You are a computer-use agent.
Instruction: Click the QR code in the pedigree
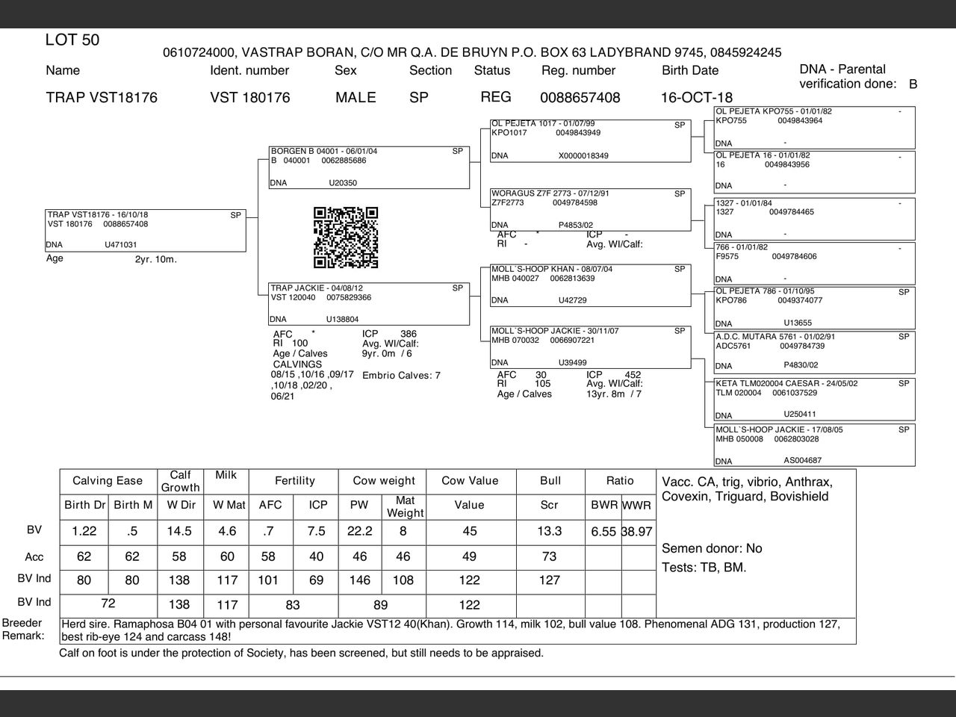pyautogui.click(x=346, y=238)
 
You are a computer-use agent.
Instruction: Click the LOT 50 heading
pyautogui.click(x=72, y=40)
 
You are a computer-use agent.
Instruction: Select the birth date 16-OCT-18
pyautogui.click(x=696, y=98)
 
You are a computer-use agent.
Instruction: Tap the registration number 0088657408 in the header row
pyautogui.click(x=580, y=98)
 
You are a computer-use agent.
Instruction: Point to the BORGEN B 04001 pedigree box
pyautogui.click(x=369, y=167)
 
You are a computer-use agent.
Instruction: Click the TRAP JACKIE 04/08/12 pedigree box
pyautogui.click(x=369, y=304)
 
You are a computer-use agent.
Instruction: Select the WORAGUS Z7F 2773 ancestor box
pyautogui.click(x=590, y=210)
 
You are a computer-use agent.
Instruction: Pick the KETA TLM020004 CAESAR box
pyautogui.click(x=814, y=400)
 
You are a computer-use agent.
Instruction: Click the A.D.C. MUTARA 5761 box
pyautogui.click(x=814, y=351)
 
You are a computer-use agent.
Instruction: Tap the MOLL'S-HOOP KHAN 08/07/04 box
pyautogui.click(x=590, y=285)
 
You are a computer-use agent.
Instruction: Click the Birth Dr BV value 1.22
pyautogui.click(x=84, y=531)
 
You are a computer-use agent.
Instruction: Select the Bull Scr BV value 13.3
pyautogui.click(x=550, y=531)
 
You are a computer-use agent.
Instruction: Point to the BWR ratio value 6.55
pyautogui.click(x=603, y=532)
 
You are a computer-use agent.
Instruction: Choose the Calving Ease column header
pyautogui.click(x=108, y=481)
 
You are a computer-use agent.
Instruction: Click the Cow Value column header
pyautogui.click(x=470, y=481)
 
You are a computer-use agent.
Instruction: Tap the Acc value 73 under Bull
pyautogui.click(x=550, y=556)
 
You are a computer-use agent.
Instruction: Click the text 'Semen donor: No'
pyautogui.click(x=712, y=548)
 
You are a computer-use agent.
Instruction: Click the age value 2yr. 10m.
pyautogui.click(x=155, y=260)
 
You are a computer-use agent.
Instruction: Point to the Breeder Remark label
pyautogui.click(x=22, y=630)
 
